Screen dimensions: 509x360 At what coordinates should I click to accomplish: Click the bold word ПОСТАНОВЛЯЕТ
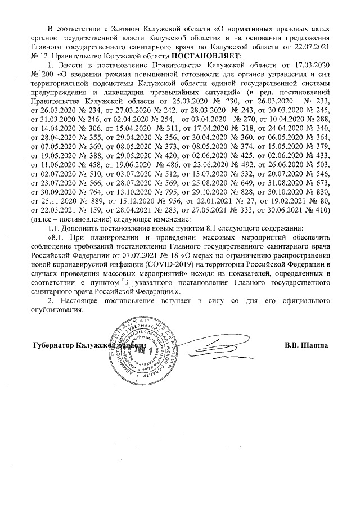pos(205,56)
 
